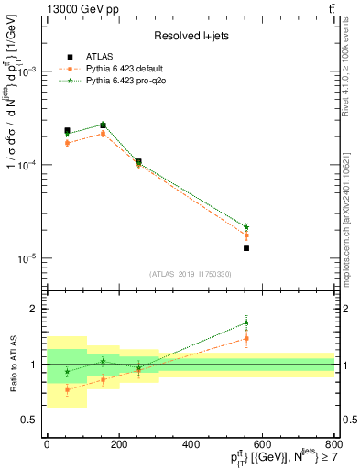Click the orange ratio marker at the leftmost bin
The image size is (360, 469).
tap(67, 389)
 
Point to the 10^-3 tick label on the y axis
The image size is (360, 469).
tap(27, 71)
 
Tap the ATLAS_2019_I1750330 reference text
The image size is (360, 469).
tap(191, 274)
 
